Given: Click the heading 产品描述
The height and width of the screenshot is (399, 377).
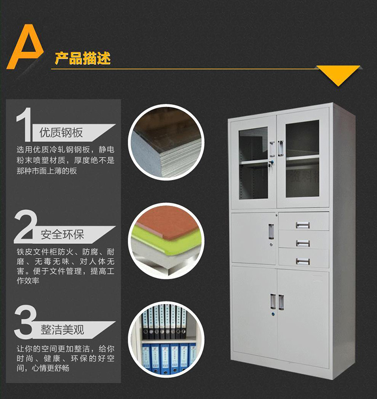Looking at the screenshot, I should click(83, 59).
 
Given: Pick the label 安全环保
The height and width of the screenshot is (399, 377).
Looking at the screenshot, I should click(62, 234).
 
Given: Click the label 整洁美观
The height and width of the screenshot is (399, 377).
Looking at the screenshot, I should click(62, 329).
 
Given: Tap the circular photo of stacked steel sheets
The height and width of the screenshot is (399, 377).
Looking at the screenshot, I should click(167, 142).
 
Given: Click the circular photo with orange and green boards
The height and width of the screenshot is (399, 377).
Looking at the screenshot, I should click(167, 241).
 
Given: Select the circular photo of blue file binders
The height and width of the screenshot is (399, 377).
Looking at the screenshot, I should click(167, 339).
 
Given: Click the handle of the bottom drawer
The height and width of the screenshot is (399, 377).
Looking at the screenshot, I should click(303, 261).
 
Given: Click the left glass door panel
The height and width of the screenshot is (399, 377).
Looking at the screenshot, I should click(253, 162).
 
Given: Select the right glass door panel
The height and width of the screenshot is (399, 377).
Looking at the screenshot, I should click(302, 157).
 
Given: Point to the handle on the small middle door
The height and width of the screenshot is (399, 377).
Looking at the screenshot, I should click(271, 232).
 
